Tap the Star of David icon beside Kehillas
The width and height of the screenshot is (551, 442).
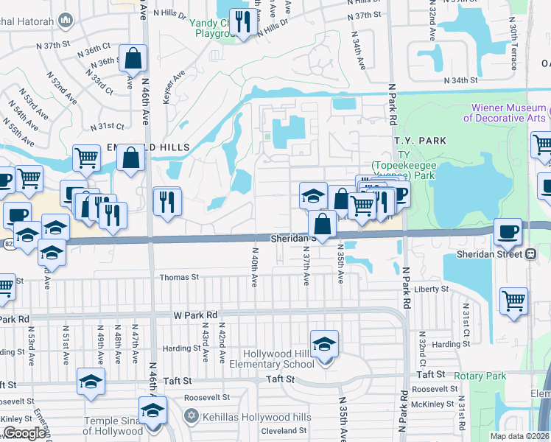click(192, 417)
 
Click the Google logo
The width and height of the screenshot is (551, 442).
click(24, 433)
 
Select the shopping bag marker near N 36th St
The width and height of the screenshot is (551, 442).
click(133, 58)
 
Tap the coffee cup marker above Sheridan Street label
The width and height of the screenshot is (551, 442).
click(508, 232)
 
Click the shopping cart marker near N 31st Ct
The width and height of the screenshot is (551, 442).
click(513, 301)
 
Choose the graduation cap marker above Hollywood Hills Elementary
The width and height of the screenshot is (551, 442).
click(324, 344)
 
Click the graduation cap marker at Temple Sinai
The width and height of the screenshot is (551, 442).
click(153, 410)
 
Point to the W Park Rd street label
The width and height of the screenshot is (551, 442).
click(195, 315)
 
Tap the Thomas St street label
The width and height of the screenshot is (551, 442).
click(180, 277)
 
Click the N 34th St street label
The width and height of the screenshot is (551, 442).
click(460, 80)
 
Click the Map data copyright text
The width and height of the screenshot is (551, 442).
click(520, 436)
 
